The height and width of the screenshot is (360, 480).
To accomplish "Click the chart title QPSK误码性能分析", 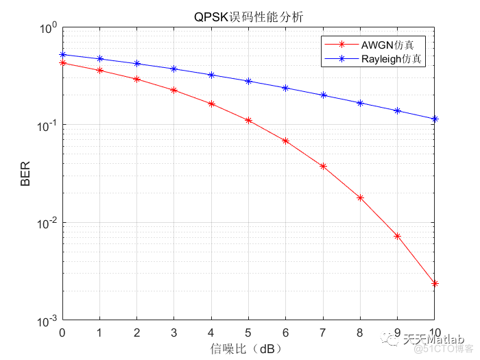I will (x=248, y=16).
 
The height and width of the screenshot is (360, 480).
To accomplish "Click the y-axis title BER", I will (x=25, y=175).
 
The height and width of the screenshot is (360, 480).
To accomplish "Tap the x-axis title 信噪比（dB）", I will (x=248, y=348).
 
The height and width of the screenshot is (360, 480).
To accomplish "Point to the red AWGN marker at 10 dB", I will (x=434, y=283).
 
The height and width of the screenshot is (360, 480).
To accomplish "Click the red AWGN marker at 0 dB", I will (x=63, y=62).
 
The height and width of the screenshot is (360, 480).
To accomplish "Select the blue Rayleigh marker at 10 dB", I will (x=434, y=119).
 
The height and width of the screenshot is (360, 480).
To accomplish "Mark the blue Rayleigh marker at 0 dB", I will (x=63, y=54).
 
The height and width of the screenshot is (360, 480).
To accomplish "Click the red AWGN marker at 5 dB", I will (x=248, y=120).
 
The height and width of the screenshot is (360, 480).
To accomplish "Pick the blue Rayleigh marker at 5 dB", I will (x=248, y=81).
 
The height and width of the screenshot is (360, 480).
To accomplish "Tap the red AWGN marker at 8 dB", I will (x=360, y=197).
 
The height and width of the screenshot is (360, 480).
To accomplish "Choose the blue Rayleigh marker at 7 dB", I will (x=323, y=95).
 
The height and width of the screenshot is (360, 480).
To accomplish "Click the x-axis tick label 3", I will (x=174, y=333).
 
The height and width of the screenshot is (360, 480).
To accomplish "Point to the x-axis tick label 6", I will (x=286, y=333).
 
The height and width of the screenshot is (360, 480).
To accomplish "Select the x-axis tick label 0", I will (x=63, y=333).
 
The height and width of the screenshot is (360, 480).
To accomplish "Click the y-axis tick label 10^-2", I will (x=48, y=222).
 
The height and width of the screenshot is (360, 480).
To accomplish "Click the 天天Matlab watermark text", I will (x=433, y=339).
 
